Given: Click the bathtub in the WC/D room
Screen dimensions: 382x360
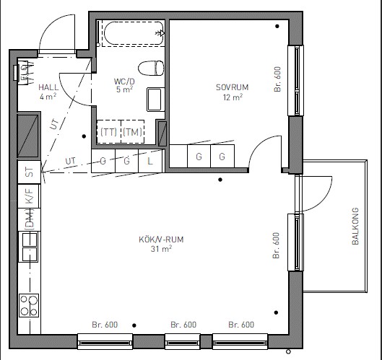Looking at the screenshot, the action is coord(134,33).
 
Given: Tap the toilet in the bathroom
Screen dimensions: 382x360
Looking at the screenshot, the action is coord(151,68).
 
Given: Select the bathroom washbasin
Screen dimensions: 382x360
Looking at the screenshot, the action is coord(155,100).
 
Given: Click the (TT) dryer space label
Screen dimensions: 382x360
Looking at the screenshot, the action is coord(108,132).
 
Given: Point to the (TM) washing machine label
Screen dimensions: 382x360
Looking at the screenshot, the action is coord(132,132).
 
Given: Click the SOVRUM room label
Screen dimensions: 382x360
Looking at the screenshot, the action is coord(233,87).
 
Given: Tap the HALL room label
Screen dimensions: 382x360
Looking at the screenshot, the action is coord(48,87).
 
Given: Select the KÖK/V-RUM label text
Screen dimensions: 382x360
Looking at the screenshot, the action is coord(161,240).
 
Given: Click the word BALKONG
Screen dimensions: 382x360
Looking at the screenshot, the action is coord(355,226).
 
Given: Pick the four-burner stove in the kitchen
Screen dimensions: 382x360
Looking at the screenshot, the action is coord(29,305).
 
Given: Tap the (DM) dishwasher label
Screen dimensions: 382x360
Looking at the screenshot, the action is coord(30,219).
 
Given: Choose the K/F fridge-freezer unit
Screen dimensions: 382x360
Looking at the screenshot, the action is coord(29,196).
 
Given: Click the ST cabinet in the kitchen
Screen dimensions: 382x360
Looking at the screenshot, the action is coord(29,172).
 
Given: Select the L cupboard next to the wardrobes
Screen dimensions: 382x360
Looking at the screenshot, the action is coord(150,161).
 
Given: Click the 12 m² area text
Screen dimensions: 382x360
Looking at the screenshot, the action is coord(233,97).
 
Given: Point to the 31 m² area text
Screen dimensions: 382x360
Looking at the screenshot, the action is coord(161,249).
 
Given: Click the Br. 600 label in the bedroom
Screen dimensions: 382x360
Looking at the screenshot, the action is coord(277,79).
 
